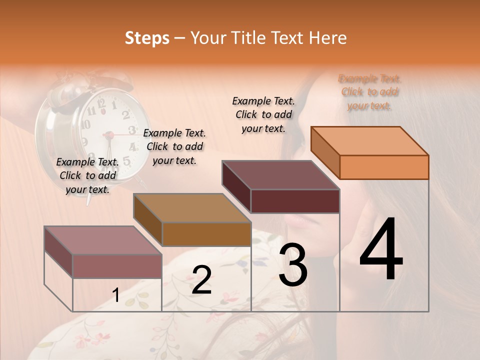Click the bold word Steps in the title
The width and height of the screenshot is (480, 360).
pyautogui.click(x=147, y=38)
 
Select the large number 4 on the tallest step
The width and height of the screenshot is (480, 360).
pyautogui.click(x=381, y=250)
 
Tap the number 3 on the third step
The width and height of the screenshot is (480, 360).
pyautogui.click(x=293, y=265)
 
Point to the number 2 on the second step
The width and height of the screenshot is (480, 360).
pyautogui.click(x=201, y=280)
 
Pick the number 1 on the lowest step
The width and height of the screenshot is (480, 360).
pyautogui.click(x=116, y=295)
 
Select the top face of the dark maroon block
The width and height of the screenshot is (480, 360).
pyautogui.click(x=280, y=175)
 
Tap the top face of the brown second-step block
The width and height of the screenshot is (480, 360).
pyautogui.click(x=192, y=208)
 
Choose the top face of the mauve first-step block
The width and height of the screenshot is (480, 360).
pyautogui.click(x=103, y=240)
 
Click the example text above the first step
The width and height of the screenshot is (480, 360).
pyautogui.click(x=87, y=175)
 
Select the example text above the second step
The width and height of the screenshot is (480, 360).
pyautogui.click(x=174, y=146)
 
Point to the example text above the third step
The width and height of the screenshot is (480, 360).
pyautogui.click(x=263, y=114)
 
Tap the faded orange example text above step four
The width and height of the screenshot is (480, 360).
pyautogui.click(x=369, y=92)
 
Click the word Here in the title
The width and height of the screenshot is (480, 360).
pyautogui.click(x=327, y=38)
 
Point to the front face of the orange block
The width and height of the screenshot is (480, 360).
pyautogui.click(x=384, y=167)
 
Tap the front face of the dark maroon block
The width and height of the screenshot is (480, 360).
pyautogui.click(x=295, y=201)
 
